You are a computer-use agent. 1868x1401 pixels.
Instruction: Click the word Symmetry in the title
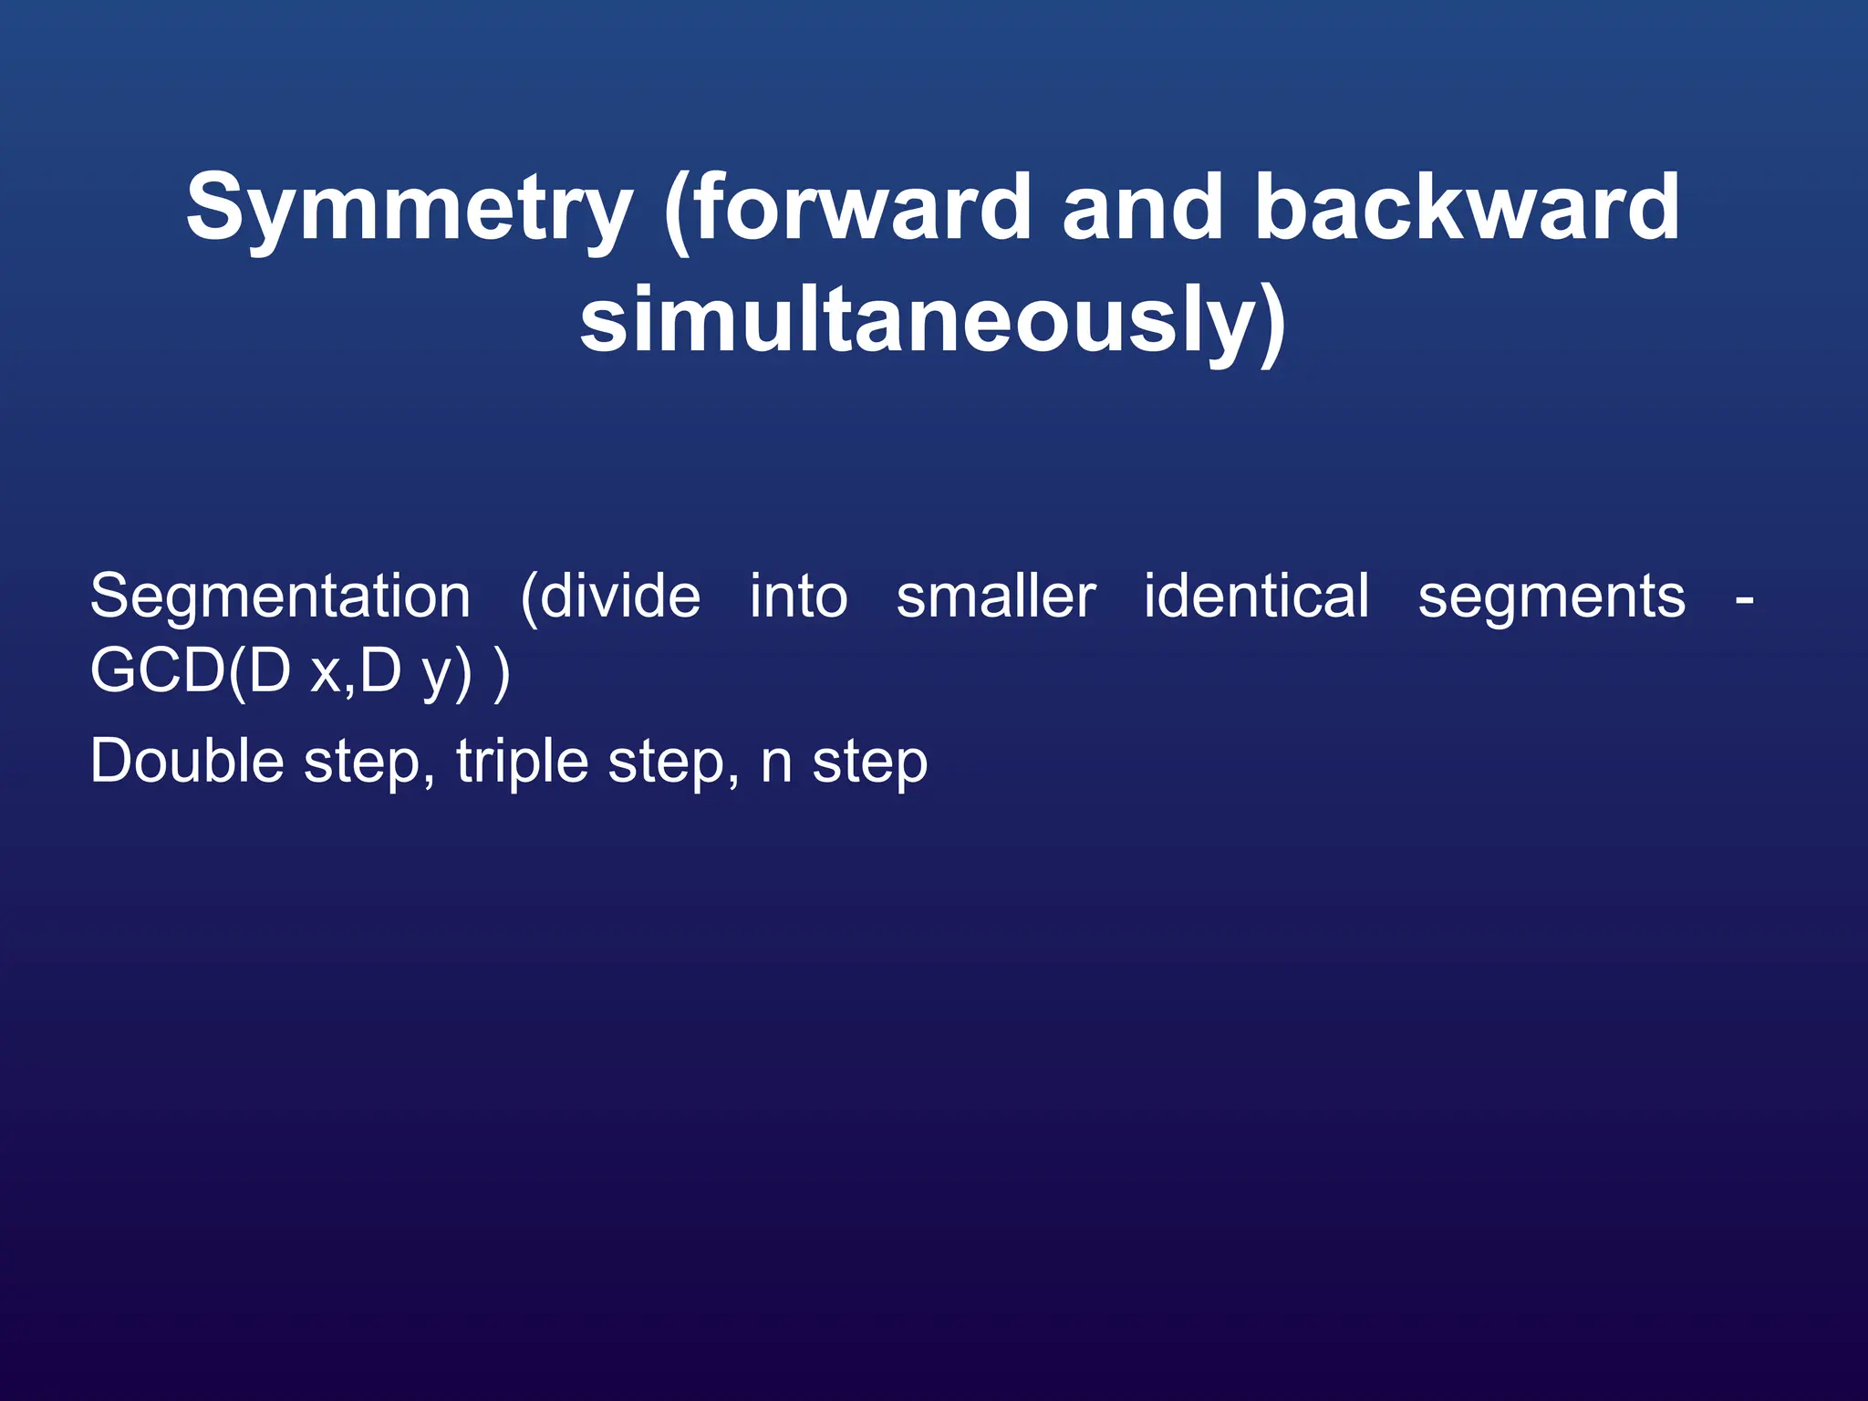pos(410,210)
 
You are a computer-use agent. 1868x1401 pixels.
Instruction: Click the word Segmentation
pos(280,598)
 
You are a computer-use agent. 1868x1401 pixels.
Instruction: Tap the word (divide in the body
pos(610,597)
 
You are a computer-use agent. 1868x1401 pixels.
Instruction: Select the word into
pos(798,597)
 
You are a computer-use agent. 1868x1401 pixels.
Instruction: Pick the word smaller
pos(996,597)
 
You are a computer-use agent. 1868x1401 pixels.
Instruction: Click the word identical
pos(1256,597)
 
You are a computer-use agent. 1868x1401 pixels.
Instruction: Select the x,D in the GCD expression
pos(356,671)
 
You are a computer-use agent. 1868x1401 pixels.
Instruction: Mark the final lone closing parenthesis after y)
pos(501,673)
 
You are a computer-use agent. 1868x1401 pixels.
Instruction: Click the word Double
pos(187,761)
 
